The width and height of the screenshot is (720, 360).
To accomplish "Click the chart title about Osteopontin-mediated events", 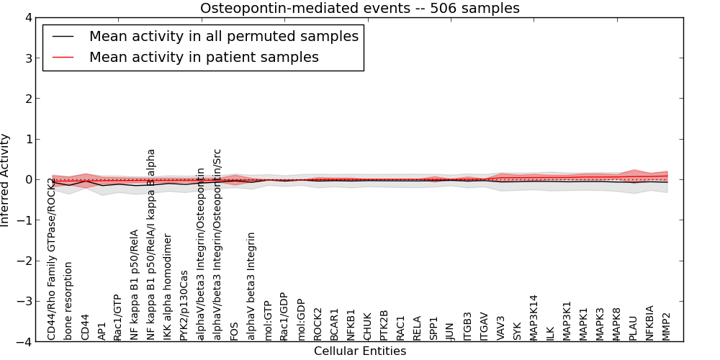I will (359, 8).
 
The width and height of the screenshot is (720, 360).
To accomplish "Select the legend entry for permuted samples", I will (223, 36).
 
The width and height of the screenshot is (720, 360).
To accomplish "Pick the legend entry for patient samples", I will (204, 57).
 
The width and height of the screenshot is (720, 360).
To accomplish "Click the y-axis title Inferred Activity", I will (6, 180).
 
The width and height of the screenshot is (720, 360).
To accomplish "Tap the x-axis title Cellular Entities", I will (359, 351).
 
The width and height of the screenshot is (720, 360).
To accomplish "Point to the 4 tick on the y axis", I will (37, 17).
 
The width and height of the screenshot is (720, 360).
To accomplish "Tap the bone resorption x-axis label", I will (68, 300).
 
